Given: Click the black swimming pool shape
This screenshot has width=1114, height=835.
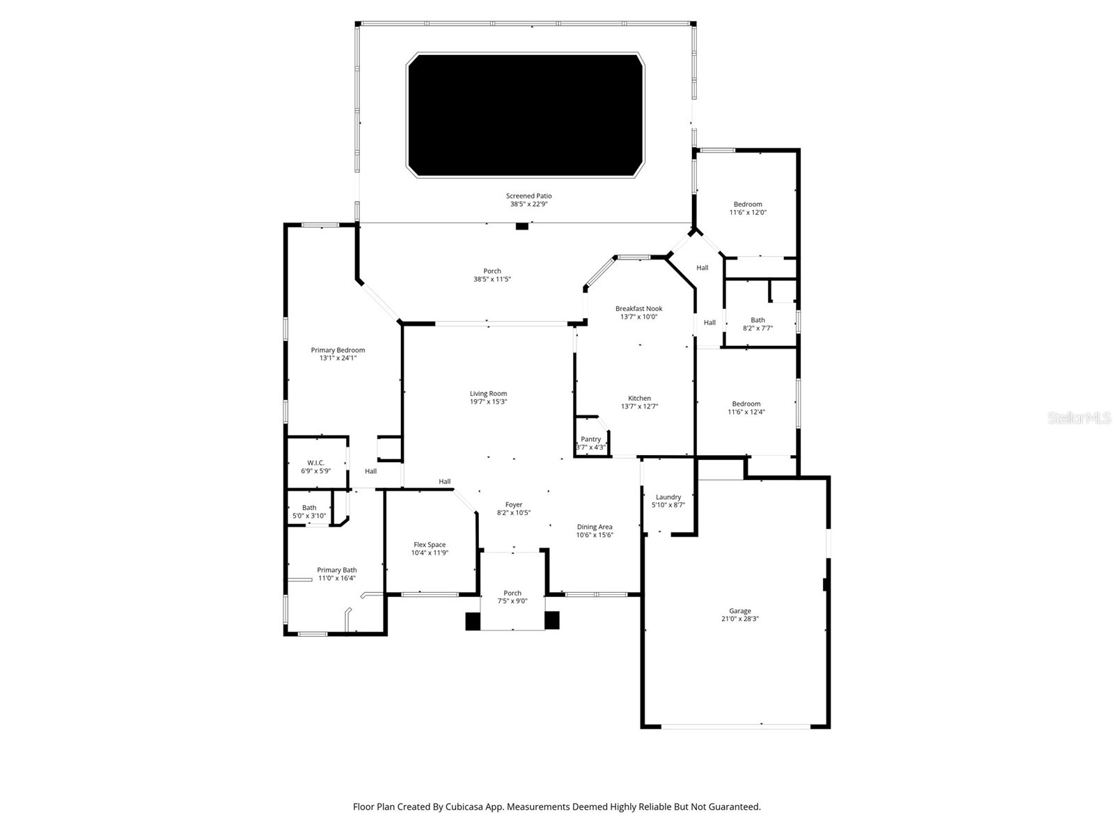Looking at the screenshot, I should click(525, 115).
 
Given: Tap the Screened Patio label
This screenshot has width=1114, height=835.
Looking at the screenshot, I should click(528, 196).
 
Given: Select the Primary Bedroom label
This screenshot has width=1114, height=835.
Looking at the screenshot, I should click(338, 350).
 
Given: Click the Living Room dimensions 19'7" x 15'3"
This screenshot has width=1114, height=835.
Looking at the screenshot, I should click(488, 401).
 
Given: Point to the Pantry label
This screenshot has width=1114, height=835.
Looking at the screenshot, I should click(590, 439).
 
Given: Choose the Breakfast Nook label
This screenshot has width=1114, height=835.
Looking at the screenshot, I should click(638, 308).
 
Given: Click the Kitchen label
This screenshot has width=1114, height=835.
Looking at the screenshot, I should click(639, 398).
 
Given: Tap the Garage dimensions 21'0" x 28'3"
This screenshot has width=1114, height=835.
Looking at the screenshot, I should click(739, 619).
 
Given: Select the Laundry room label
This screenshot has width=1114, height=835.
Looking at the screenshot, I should click(668, 497).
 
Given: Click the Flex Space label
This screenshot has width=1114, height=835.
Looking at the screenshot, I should click(430, 545).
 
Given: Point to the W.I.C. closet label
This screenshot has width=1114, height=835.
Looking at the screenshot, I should click(315, 463).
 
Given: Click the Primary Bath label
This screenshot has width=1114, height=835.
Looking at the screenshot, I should click(337, 570).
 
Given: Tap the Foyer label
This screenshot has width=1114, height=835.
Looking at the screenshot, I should click(514, 504).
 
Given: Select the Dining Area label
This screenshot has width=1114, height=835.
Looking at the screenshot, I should click(595, 527).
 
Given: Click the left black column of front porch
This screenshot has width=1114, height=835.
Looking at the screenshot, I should click(473, 621).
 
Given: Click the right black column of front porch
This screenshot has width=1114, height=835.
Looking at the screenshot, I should click(551, 621).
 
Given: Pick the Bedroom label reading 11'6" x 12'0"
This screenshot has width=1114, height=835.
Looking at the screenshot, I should click(748, 205).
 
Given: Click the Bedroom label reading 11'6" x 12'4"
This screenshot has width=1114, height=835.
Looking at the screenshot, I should click(746, 404).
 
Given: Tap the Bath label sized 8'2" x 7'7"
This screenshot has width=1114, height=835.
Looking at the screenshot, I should click(758, 320).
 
